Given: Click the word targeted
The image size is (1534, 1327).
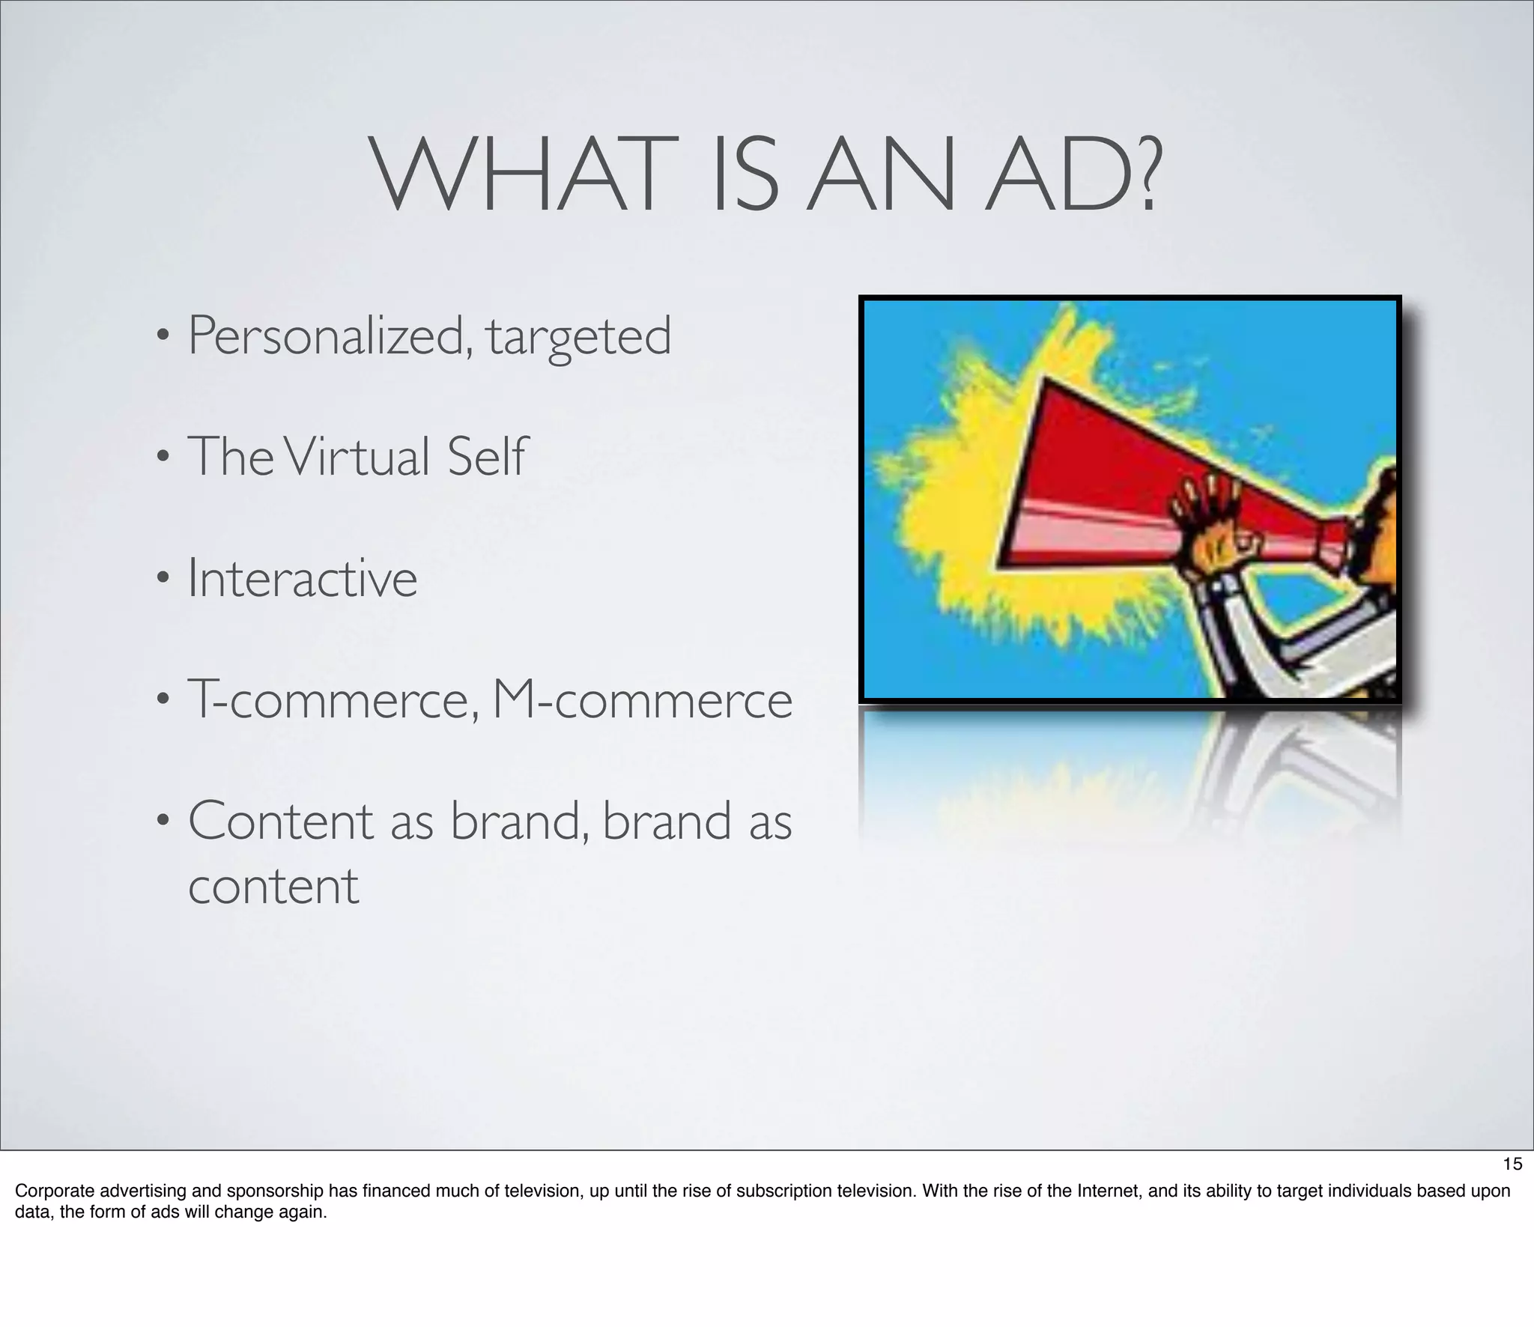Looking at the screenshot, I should [x=578, y=337].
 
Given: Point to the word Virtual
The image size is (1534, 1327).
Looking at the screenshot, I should [x=357, y=457].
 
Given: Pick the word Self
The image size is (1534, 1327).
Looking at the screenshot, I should [x=487, y=457].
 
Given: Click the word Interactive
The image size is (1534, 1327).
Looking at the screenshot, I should [x=302, y=579].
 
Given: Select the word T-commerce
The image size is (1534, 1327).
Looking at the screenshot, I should [x=333, y=699].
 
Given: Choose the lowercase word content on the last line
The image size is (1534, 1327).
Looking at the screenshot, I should [x=273, y=886].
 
